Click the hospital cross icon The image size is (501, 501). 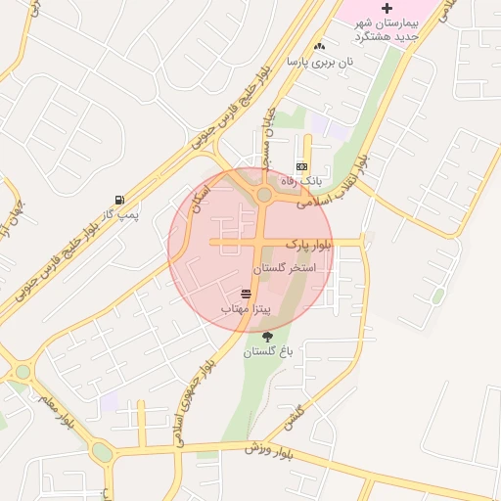click(387, 8)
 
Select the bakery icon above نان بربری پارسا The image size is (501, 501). click(318, 46)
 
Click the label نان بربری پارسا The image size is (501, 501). click(318, 61)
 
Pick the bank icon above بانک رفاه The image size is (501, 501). click(301, 166)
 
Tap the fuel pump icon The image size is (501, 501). click(119, 197)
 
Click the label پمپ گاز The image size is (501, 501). click(122, 211)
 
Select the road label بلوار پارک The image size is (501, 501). click(309, 242)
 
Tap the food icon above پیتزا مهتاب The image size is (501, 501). click(245, 294)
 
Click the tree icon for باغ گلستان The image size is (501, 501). click(267, 337)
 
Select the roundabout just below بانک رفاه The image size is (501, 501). click(264, 196)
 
